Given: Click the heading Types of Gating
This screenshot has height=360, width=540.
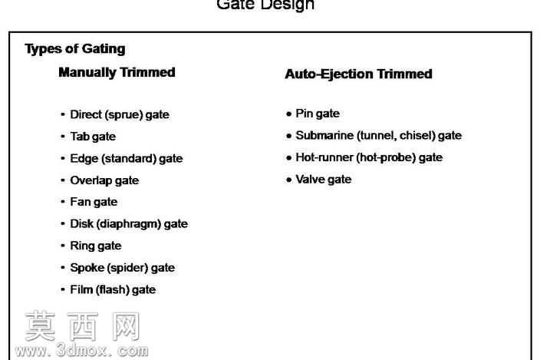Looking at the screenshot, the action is pos(75,49).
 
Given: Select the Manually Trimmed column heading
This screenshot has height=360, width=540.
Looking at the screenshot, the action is pos(117,73).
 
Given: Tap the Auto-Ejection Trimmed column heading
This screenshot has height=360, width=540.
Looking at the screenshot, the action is pos(358,74).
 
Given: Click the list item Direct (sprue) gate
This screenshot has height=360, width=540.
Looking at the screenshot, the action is pos(120,114).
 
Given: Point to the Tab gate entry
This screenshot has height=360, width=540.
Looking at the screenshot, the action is pos(93,137).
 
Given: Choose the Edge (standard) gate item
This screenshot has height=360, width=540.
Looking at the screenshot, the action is pos(127,158).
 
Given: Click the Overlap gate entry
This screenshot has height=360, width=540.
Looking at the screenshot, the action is pos(104,180).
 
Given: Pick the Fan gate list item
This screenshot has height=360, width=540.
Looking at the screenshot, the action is pos(94,202).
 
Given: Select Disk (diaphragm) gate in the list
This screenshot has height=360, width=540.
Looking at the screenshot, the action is pos(129,224).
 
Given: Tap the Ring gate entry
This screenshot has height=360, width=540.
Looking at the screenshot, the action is pos(96,246).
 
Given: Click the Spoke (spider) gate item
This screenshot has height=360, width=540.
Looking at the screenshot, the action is pos(123,268).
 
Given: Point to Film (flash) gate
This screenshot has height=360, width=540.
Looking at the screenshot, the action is pos(113,289).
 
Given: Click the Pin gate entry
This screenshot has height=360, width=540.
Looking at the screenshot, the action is pos(318,114).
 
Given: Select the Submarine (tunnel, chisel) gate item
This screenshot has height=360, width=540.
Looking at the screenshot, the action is pos(378,135).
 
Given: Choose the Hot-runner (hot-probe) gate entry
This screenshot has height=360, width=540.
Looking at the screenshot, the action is pos(369,157).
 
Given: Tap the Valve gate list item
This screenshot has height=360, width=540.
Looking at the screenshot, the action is pos(324,180).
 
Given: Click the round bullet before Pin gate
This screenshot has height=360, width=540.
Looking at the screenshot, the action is pos(289,114).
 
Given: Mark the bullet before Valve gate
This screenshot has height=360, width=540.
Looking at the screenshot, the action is pos(289,180).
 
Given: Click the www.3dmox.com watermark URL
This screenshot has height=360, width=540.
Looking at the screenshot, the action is pos(81,350).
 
